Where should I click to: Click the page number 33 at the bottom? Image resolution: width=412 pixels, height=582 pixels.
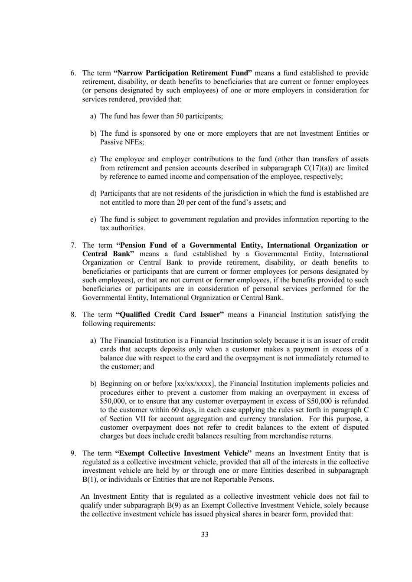point(205,534)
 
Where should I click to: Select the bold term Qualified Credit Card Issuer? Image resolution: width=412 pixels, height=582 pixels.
point(170,314)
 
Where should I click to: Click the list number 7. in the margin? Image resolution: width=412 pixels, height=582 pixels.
point(74,245)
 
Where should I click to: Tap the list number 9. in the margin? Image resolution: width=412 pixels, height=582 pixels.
point(74,453)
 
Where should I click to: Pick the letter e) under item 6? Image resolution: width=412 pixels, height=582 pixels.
point(93,219)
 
